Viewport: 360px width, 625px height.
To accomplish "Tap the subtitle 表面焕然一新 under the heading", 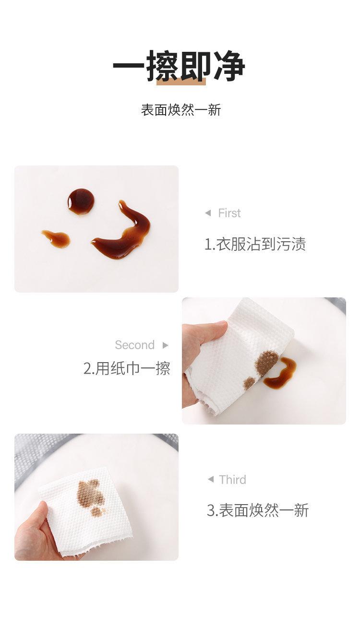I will pos(181,110).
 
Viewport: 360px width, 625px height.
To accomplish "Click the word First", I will pos(229,213).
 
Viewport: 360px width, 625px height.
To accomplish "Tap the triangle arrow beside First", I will pos(207,213).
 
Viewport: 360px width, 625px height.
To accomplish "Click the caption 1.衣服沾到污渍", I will pos(255,244).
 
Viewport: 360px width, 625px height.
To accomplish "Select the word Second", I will pos(134,345).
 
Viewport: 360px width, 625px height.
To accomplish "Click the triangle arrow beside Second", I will pos(166,345).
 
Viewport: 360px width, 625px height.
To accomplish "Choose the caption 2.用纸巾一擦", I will pos(127,368).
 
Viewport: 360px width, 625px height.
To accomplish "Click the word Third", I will pos(232,480).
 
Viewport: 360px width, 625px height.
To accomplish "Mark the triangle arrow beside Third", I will pos(210,480).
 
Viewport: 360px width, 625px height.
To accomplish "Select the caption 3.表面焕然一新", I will pos(257,510).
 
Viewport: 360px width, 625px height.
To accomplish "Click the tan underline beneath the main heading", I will pos(181,83).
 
